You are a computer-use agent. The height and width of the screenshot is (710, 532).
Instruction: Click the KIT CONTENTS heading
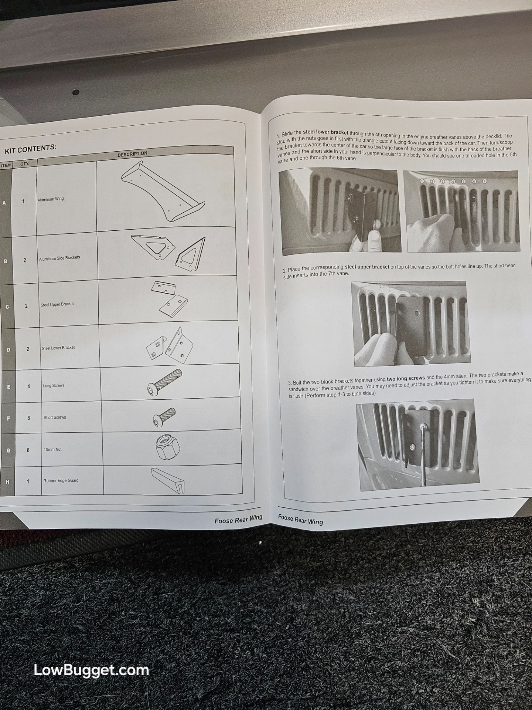coord(30,149)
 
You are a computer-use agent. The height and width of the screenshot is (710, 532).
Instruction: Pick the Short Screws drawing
coord(164,417)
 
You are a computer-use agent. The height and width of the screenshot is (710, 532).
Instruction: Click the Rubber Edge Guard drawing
coord(168,480)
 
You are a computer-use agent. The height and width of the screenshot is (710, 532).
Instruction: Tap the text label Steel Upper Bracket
coord(57,304)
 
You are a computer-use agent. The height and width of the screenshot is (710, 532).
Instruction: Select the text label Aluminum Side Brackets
coord(59,258)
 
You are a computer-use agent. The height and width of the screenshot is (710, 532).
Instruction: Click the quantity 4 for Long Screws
coord(28,386)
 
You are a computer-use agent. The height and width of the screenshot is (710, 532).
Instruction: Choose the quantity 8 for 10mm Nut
coord(28,450)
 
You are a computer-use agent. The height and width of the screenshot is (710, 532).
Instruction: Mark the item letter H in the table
coord(7,482)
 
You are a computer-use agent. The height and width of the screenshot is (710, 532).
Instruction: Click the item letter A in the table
coord(4,203)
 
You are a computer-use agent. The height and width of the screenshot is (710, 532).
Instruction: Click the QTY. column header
coord(25,163)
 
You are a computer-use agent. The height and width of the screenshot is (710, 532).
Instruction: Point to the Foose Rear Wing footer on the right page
coord(300,520)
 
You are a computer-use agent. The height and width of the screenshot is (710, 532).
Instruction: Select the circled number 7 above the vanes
coord(485,181)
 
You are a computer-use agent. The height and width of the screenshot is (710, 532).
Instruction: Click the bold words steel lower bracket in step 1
coord(325,132)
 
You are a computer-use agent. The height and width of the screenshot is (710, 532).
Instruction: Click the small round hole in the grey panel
coord(75,91)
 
